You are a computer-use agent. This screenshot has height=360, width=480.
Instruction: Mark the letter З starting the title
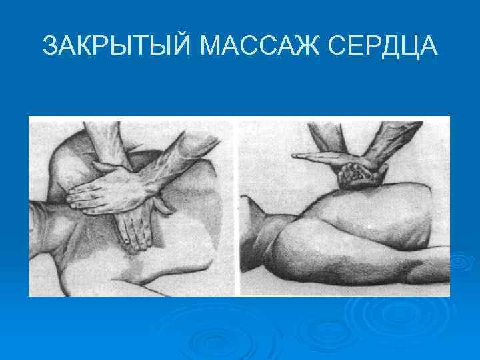coord(50,47)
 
